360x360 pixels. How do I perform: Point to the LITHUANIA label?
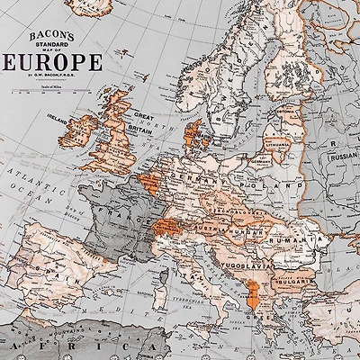(280, 145)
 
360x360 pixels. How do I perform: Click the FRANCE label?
(126, 215)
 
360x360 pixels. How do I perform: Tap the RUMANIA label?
(298, 241)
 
